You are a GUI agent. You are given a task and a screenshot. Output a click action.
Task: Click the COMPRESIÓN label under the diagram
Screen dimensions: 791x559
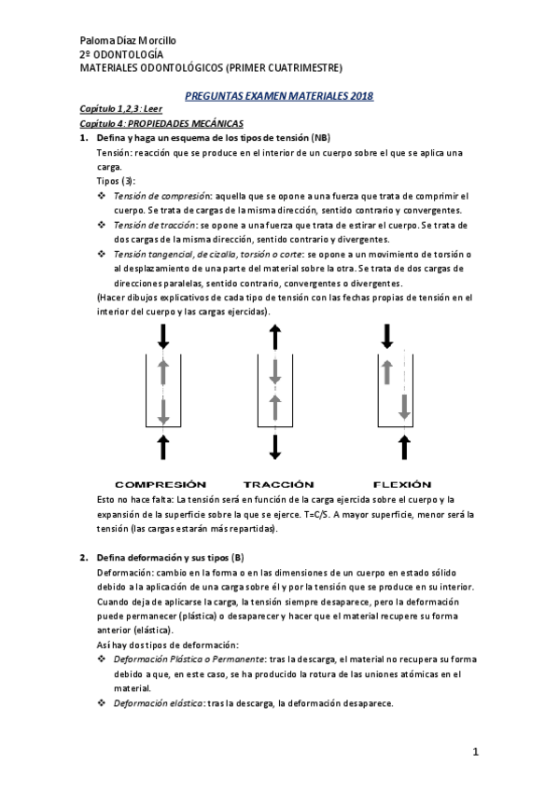tap(160, 484)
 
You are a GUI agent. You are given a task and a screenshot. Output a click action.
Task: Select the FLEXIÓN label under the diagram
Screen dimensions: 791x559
tap(402, 484)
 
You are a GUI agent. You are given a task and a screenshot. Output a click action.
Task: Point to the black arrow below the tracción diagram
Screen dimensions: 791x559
tap(274, 447)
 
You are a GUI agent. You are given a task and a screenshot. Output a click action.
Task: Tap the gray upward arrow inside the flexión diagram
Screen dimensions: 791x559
tap(387, 371)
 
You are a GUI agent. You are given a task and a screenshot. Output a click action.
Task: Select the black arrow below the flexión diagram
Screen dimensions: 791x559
tap(403, 447)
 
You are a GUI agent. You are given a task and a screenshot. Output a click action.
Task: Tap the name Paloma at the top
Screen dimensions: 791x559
tap(99, 41)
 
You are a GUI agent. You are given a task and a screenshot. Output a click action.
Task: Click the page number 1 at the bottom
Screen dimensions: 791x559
tap(475, 752)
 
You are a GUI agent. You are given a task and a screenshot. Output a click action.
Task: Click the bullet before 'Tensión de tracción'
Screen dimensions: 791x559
tap(102, 226)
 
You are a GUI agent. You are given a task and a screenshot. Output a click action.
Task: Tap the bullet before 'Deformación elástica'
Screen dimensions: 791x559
tap(102, 703)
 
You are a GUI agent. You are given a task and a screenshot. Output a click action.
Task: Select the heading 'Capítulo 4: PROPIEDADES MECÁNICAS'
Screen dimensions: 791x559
tap(161, 123)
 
